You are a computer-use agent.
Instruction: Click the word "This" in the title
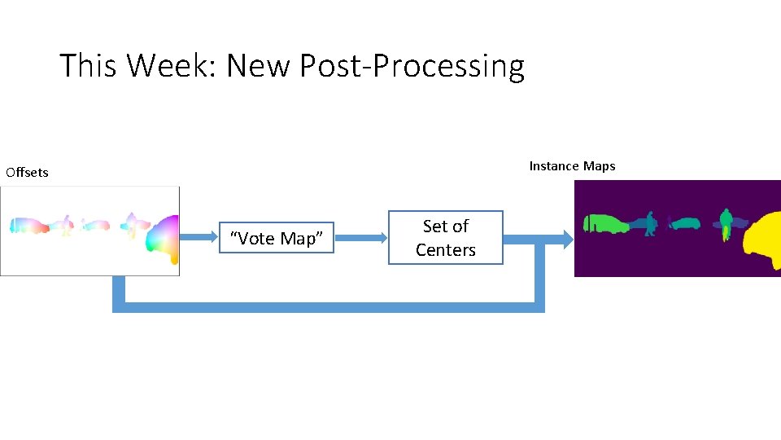click(89, 65)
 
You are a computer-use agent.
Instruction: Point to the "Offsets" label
click(27, 172)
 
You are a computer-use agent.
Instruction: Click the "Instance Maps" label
click(572, 166)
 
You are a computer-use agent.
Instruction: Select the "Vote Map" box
click(277, 238)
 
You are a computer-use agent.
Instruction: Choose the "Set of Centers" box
click(445, 238)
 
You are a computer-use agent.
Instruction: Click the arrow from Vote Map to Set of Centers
click(360, 238)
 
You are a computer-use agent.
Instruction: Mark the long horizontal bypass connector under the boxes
click(325, 307)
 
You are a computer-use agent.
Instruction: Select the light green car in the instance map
click(604, 223)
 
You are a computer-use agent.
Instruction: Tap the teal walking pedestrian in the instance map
click(649, 224)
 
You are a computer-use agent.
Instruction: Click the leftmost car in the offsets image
click(28, 226)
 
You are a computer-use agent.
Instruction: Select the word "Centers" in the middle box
click(445, 250)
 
